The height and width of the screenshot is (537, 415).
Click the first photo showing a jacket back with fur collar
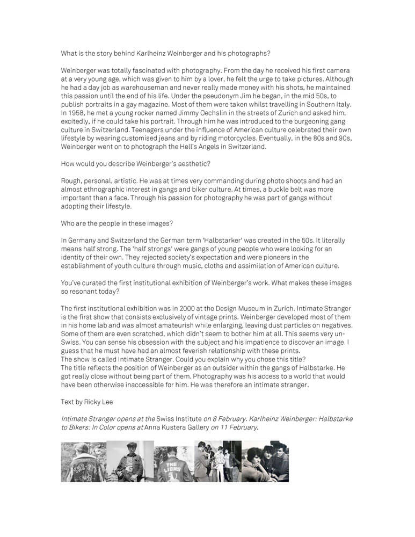[x=83, y=461]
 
